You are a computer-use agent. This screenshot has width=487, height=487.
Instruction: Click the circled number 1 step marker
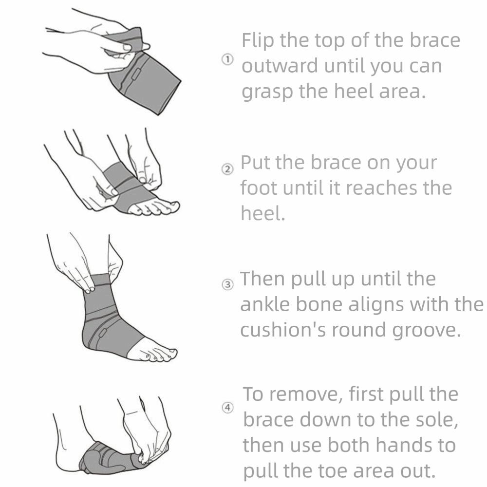227,59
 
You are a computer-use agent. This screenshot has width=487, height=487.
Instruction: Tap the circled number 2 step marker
227,169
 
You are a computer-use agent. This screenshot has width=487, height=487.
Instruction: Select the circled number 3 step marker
227,284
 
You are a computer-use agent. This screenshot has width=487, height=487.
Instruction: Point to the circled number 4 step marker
227,408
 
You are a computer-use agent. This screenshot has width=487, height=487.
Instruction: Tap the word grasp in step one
267,93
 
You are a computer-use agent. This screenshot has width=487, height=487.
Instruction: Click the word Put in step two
255,163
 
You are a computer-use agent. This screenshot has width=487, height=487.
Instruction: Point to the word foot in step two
259,188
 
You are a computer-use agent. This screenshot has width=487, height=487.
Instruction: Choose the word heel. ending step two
263,213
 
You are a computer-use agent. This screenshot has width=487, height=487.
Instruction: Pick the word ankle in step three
265,304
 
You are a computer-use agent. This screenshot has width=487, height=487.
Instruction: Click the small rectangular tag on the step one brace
136,75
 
